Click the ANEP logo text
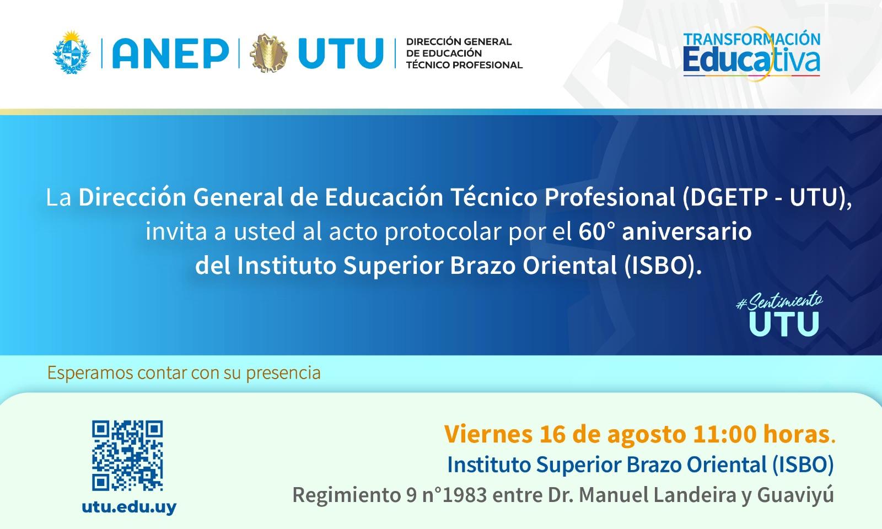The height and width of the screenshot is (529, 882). click(x=170, y=53)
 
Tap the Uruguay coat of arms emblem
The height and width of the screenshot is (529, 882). click(x=71, y=52)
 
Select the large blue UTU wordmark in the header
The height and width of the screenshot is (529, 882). click(x=341, y=53)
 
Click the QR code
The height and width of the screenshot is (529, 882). click(x=127, y=455)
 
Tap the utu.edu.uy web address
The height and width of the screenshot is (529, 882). click(x=129, y=507)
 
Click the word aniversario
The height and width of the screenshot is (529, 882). click(x=687, y=231)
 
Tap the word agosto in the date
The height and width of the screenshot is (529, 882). click(x=647, y=435)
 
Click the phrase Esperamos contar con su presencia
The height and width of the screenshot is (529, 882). click(x=184, y=373)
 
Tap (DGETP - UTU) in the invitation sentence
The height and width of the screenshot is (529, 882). click(x=767, y=197)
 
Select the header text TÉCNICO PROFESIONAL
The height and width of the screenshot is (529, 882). click(x=464, y=65)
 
